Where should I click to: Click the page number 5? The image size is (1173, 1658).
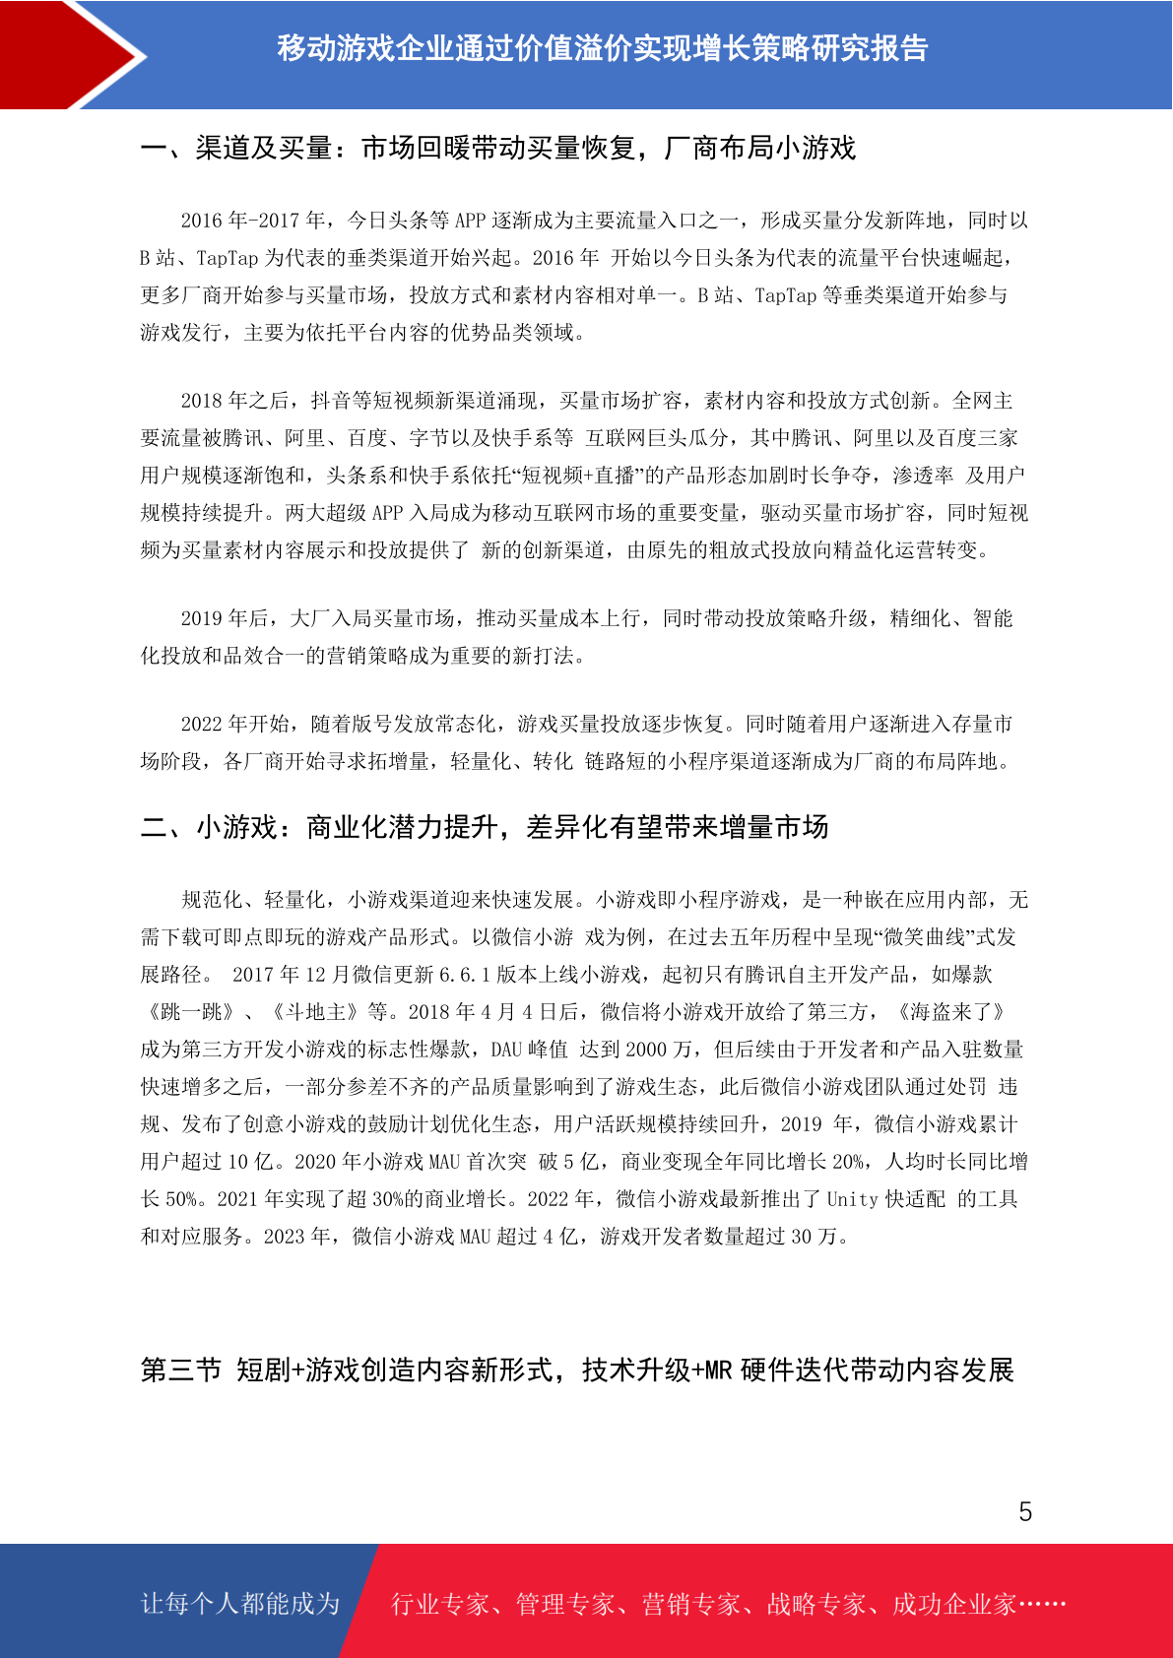pyautogui.click(x=1025, y=1511)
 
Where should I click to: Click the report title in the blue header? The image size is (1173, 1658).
pyautogui.click(x=602, y=48)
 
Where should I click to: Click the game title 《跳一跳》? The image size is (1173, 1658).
pyautogui.click(x=189, y=1011)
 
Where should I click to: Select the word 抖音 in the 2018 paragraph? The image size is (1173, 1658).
pyautogui.click(x=331, y=400)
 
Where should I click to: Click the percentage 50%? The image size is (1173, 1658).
pyautogui.click(x=181, y=1198)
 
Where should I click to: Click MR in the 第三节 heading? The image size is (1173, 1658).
pyautogui.click(x=719, y=1370)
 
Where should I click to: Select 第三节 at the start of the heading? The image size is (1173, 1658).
pyautogui.click(x=181, y=1370)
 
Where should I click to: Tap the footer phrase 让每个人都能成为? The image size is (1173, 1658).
pyautogui.click(x=240, y=1603)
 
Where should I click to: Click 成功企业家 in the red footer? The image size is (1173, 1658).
pyautogui.click(x=953, y=1603)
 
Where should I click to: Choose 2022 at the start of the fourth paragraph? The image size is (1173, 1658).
pyautogui.click(x=203, y=724)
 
